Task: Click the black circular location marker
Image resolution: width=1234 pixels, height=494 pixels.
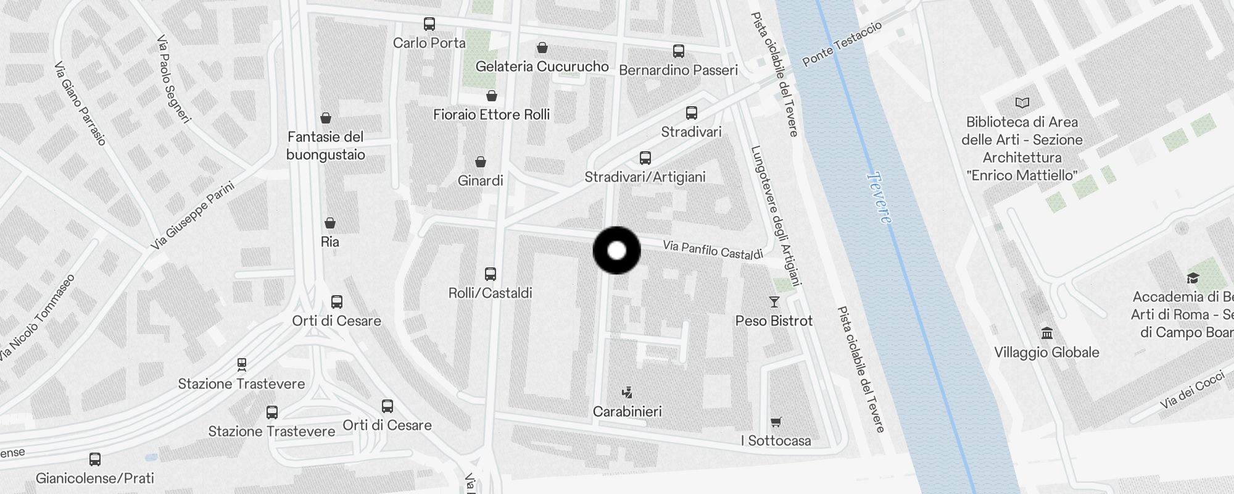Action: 616,250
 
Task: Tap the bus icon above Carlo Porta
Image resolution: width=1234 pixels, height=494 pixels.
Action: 429,24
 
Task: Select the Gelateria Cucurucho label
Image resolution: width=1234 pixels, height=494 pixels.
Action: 542,66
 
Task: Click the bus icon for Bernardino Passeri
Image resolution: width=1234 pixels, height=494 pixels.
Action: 679,51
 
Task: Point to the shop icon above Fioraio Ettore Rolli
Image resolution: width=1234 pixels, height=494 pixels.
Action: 492,96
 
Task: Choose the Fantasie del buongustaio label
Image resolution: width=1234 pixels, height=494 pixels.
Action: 326,146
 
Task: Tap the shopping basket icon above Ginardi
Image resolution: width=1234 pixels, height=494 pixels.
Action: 481,162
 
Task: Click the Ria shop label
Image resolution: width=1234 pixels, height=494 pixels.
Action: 330,241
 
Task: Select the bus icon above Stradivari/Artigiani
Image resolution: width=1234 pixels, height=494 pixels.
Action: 645,158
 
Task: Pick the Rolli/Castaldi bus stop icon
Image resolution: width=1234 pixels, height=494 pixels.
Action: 491,274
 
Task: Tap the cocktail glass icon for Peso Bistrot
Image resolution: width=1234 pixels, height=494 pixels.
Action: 774,302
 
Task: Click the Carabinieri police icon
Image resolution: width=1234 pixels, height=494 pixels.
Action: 627,392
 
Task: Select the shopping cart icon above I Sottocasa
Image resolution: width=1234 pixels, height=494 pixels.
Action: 776,422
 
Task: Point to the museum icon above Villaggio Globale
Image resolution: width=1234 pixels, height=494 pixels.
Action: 1047,333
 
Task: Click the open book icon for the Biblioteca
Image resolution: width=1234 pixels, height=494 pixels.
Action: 1022,103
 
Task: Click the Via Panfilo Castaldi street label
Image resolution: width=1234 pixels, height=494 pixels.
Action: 713,250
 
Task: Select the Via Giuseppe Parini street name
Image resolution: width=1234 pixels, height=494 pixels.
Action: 193,216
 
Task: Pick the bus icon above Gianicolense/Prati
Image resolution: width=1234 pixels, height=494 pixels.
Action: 95,459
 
